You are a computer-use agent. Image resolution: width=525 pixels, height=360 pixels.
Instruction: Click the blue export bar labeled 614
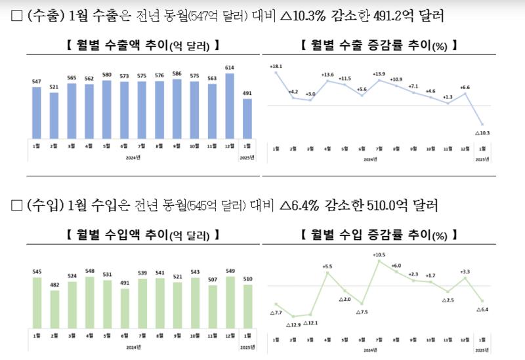pos(230,105)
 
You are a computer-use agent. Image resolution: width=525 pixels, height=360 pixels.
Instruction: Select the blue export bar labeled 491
pos(247,118)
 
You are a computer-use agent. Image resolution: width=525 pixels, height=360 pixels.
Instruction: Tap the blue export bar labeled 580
pos(106,109)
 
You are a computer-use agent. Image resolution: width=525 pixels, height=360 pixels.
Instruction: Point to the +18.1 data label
pos(276,66)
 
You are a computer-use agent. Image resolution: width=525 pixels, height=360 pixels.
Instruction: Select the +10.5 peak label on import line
pos(379,254)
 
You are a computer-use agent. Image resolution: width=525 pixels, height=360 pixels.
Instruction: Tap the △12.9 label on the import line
pos(293,325)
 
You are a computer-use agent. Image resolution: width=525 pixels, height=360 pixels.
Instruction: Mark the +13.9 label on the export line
pos(379,74)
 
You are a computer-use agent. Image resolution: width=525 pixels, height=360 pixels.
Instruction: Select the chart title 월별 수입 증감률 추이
pos(378,233)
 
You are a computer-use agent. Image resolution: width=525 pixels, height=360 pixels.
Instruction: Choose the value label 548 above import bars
pos(89,271)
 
